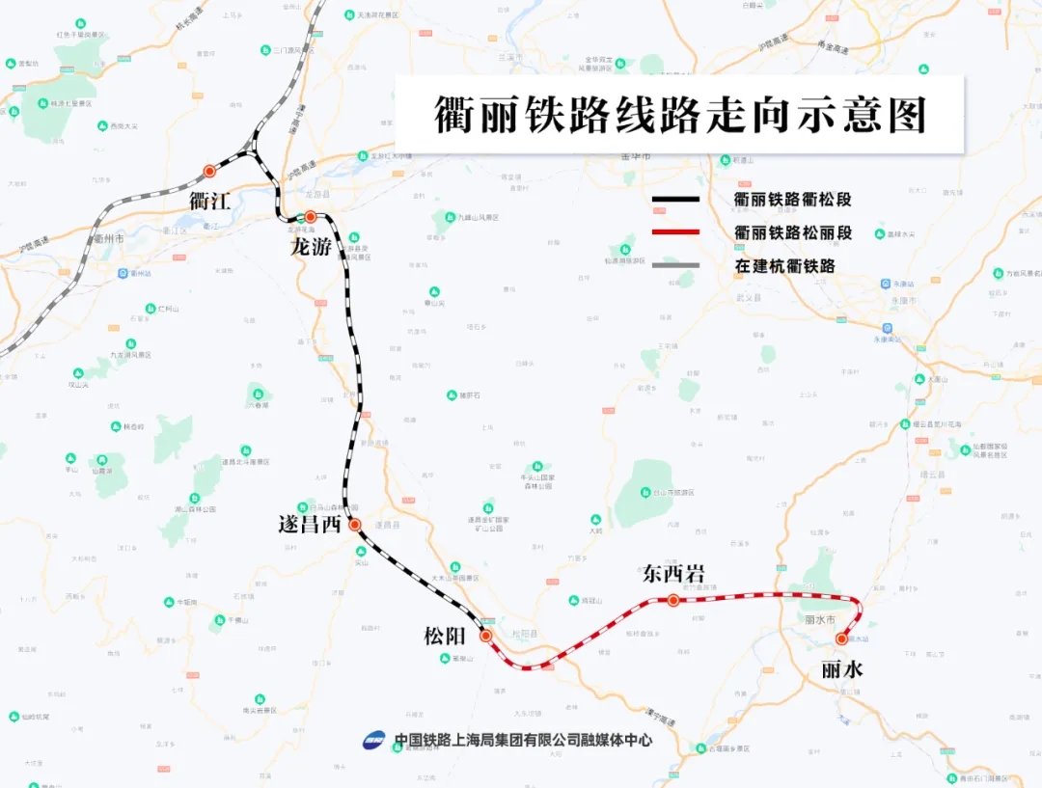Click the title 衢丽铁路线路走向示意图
coord(679,115)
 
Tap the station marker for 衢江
coord(209,172)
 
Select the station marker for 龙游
coord(311,217)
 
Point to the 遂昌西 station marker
coord(354,525)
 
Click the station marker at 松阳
coord(486,636)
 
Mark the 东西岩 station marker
coord(673,601)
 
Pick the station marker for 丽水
coord(841,639)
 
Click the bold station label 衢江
coord(209,201)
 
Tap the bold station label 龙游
coord(312,247)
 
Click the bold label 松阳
coord(445,636)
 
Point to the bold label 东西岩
coord(673,574)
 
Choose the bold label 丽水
coord(841,668)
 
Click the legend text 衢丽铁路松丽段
coord(793,232)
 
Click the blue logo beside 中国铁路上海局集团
coord(374,741)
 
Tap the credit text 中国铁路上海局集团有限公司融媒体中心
coord(523,741)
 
